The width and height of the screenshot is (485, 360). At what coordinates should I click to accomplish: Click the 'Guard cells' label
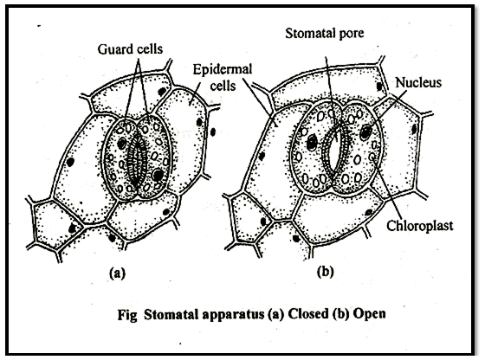130,49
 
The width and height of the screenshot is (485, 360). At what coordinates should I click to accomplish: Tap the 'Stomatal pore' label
324,34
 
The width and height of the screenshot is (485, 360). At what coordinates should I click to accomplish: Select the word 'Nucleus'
418,82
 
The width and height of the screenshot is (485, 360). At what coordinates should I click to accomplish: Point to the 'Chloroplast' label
420,226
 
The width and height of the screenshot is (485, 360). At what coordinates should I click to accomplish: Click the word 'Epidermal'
223,69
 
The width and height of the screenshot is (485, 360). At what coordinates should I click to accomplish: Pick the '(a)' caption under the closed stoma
118,273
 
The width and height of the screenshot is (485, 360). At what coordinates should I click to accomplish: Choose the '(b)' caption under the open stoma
326,272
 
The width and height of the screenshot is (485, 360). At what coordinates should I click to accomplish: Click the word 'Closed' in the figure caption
307,314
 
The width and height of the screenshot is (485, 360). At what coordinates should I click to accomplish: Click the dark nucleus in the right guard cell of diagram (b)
365,132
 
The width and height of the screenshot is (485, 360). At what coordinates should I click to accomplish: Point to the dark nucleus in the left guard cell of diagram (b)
312,143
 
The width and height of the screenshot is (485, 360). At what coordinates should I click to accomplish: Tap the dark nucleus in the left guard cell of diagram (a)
122,143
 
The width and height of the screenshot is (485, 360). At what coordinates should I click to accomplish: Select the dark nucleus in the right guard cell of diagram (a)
158,175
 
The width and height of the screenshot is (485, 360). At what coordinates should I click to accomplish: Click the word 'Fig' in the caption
126,315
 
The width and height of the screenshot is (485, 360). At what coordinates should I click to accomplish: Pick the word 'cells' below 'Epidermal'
223,85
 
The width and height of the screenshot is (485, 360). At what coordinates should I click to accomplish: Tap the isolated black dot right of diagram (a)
213,132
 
